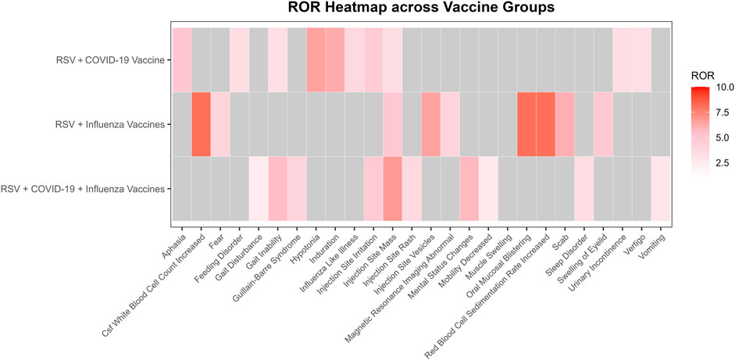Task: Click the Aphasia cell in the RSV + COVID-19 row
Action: pyautogui.click(x=181, y=59)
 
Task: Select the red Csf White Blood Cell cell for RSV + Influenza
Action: pyautogui.click(x=201, y=124)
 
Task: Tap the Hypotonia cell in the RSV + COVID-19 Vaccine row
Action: pyautogui.click(x=316, y=59)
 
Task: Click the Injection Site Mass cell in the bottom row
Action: pyautogui.click(x=393, y=189)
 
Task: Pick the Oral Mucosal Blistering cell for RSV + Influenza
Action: pyautogui.click(x=527, y=124)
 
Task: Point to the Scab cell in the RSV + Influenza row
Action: pyautogui.click(x=566, y=124)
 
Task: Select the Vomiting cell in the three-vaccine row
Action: pyautogui.click(x=662, y=189)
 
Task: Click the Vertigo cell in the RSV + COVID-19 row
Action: pyautogui.click(x=642, y=59)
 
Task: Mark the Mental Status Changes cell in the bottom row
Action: pyautogui.click(x=469, y=189)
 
